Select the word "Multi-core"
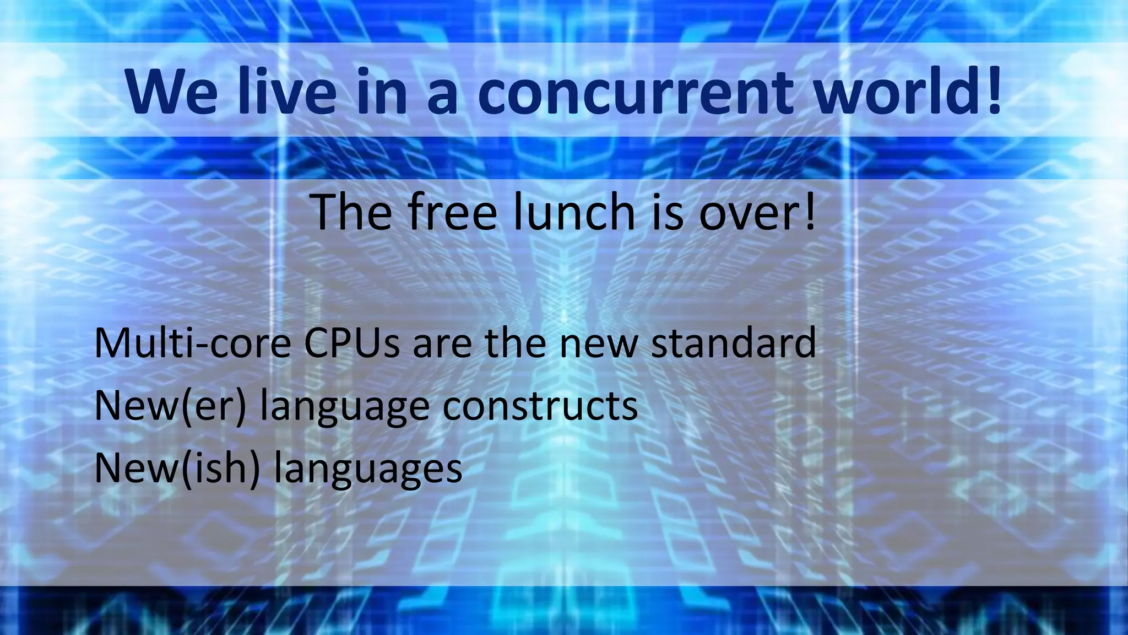tap(192, 343)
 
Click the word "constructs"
tap(540, 406)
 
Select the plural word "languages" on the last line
tap(368, 470)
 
